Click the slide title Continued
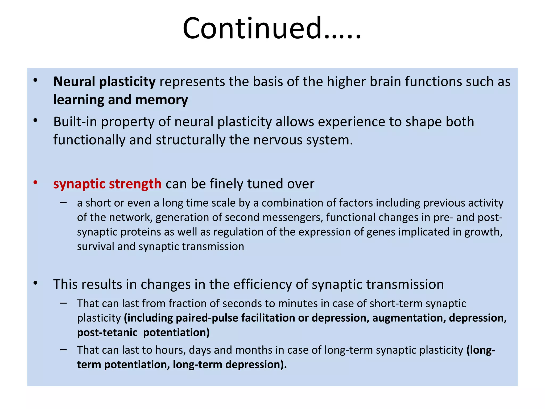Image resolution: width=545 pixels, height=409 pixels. [x=271, y=28]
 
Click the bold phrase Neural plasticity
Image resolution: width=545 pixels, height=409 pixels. [x=104, y=82]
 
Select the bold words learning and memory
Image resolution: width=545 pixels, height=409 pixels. [x=121, y=100]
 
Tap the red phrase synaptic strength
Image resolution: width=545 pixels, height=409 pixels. [x=107, y=184]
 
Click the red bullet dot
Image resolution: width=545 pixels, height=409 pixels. [x=35, y=183]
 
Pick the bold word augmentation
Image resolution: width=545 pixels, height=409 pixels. [x=408, y=318]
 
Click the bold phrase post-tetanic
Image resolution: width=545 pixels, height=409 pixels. [x=107, y=333]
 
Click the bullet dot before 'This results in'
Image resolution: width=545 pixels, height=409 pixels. [x=35, y=283]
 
